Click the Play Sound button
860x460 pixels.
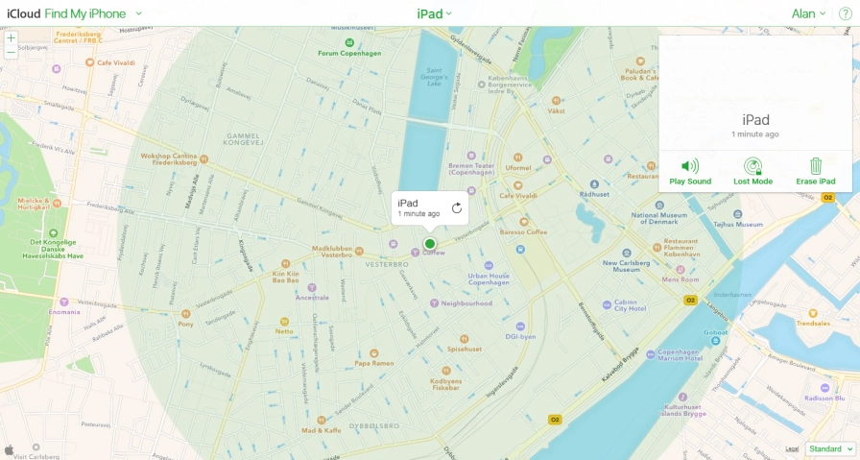point(690,171)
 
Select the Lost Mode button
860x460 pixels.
point(752,171)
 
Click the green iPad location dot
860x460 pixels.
point(430,244)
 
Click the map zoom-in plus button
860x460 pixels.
point(11,38)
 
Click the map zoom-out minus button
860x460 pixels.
point(11,54)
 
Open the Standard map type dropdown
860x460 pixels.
point(830,448)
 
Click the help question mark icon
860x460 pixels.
point(845,13)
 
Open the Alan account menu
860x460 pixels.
point(808,13)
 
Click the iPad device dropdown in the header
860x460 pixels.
point(434,13)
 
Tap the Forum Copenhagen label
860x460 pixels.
point(344,53)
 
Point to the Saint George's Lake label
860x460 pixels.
point(435,76)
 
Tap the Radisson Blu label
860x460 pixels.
point(825,398)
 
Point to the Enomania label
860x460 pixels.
point(64,311)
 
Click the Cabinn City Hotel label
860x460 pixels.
point(631,305)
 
